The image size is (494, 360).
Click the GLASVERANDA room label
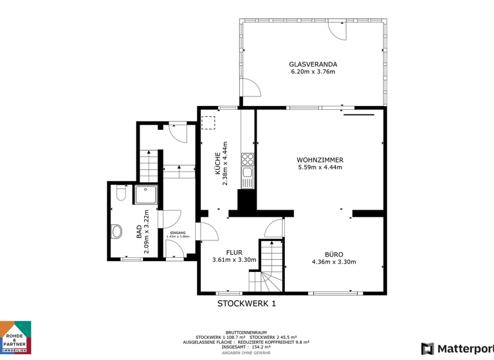[x=313, y=64]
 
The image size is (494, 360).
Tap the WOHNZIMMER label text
[x=320, y=159]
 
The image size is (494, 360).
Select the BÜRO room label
[x=333, y=254]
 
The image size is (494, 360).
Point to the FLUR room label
[x=234, y=252]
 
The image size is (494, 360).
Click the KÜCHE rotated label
[x=218, y=163]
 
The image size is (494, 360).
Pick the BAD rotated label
[x=139, y=232]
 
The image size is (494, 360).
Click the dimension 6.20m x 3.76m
[x=313, y=72]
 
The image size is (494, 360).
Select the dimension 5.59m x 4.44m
[x=320, y=167]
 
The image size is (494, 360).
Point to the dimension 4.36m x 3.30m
[x=333, y=262]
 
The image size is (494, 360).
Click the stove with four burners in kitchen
[x=247, y=159]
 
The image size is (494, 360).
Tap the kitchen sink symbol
[x=247, y=172]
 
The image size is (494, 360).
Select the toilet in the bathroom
[x=120, y=194]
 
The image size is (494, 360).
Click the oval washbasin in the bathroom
[x=117, y=231]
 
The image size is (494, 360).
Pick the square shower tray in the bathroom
[x=145, y=195]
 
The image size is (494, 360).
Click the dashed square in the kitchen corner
[x=208, y=122]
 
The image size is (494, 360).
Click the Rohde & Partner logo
[x=15, y=337]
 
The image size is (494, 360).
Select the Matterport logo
[x=457, y=349]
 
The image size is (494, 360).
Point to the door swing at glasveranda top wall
[x=336, y=30]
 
